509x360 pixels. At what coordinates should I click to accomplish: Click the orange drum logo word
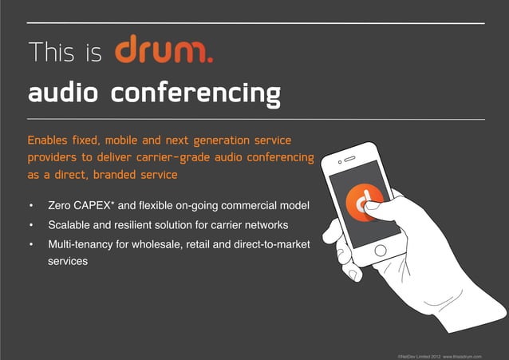coord(163,51)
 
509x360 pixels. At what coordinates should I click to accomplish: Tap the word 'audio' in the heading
coord(64,94)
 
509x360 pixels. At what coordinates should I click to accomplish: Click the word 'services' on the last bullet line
coord(68,261)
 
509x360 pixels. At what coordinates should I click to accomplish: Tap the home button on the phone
coord(381,250)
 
